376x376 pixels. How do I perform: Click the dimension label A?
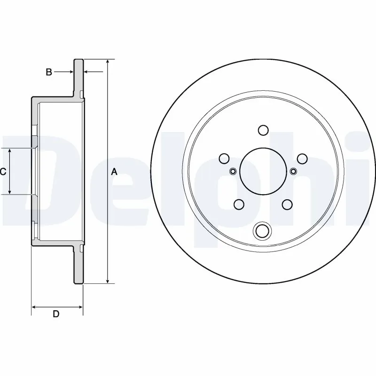114,172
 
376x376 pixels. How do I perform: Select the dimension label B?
48,72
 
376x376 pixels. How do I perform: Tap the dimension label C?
3,172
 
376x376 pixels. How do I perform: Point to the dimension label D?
56,314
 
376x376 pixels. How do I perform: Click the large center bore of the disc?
262,171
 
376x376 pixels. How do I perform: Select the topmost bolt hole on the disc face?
263,130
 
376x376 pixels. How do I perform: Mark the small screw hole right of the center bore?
293,171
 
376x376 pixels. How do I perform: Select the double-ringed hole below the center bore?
262,230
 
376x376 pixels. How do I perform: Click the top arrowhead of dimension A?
108,63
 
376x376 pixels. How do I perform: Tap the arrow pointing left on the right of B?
86,72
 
